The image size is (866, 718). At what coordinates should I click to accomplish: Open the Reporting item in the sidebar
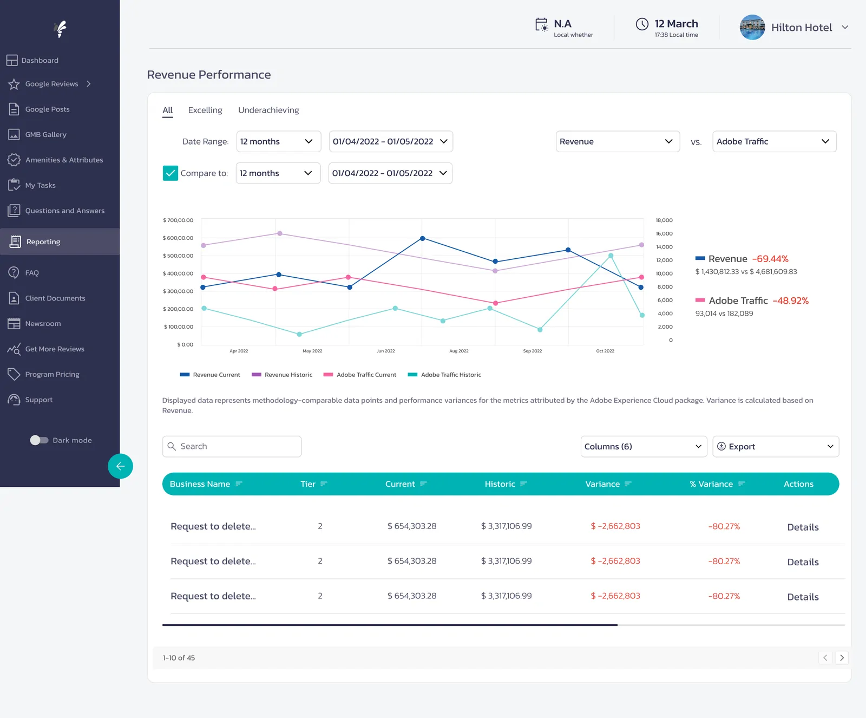43,241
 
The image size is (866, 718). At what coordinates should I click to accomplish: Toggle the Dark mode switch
39,440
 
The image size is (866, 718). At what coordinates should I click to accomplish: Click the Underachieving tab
268,110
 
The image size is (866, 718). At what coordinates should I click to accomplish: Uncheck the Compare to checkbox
170,173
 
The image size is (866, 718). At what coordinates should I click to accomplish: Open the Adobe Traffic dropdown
774,141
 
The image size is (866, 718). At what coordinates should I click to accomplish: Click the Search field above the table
232,446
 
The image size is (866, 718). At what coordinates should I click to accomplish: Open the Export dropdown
776,446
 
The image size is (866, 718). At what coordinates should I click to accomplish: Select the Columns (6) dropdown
644,446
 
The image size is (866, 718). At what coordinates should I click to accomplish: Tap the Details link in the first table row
803,527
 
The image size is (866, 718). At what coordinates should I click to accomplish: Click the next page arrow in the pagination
842,658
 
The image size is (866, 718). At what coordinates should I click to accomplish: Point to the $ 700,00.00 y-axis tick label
178,220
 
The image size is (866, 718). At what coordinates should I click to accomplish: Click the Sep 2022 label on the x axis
533,351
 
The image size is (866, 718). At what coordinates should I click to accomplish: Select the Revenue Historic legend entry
282,375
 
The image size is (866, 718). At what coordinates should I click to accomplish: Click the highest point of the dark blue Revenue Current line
423,238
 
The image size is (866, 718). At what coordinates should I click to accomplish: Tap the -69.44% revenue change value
770,259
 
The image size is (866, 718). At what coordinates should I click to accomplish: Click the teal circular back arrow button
120,466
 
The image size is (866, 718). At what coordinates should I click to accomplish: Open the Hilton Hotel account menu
795,27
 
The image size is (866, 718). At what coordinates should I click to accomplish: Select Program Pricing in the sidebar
52,374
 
